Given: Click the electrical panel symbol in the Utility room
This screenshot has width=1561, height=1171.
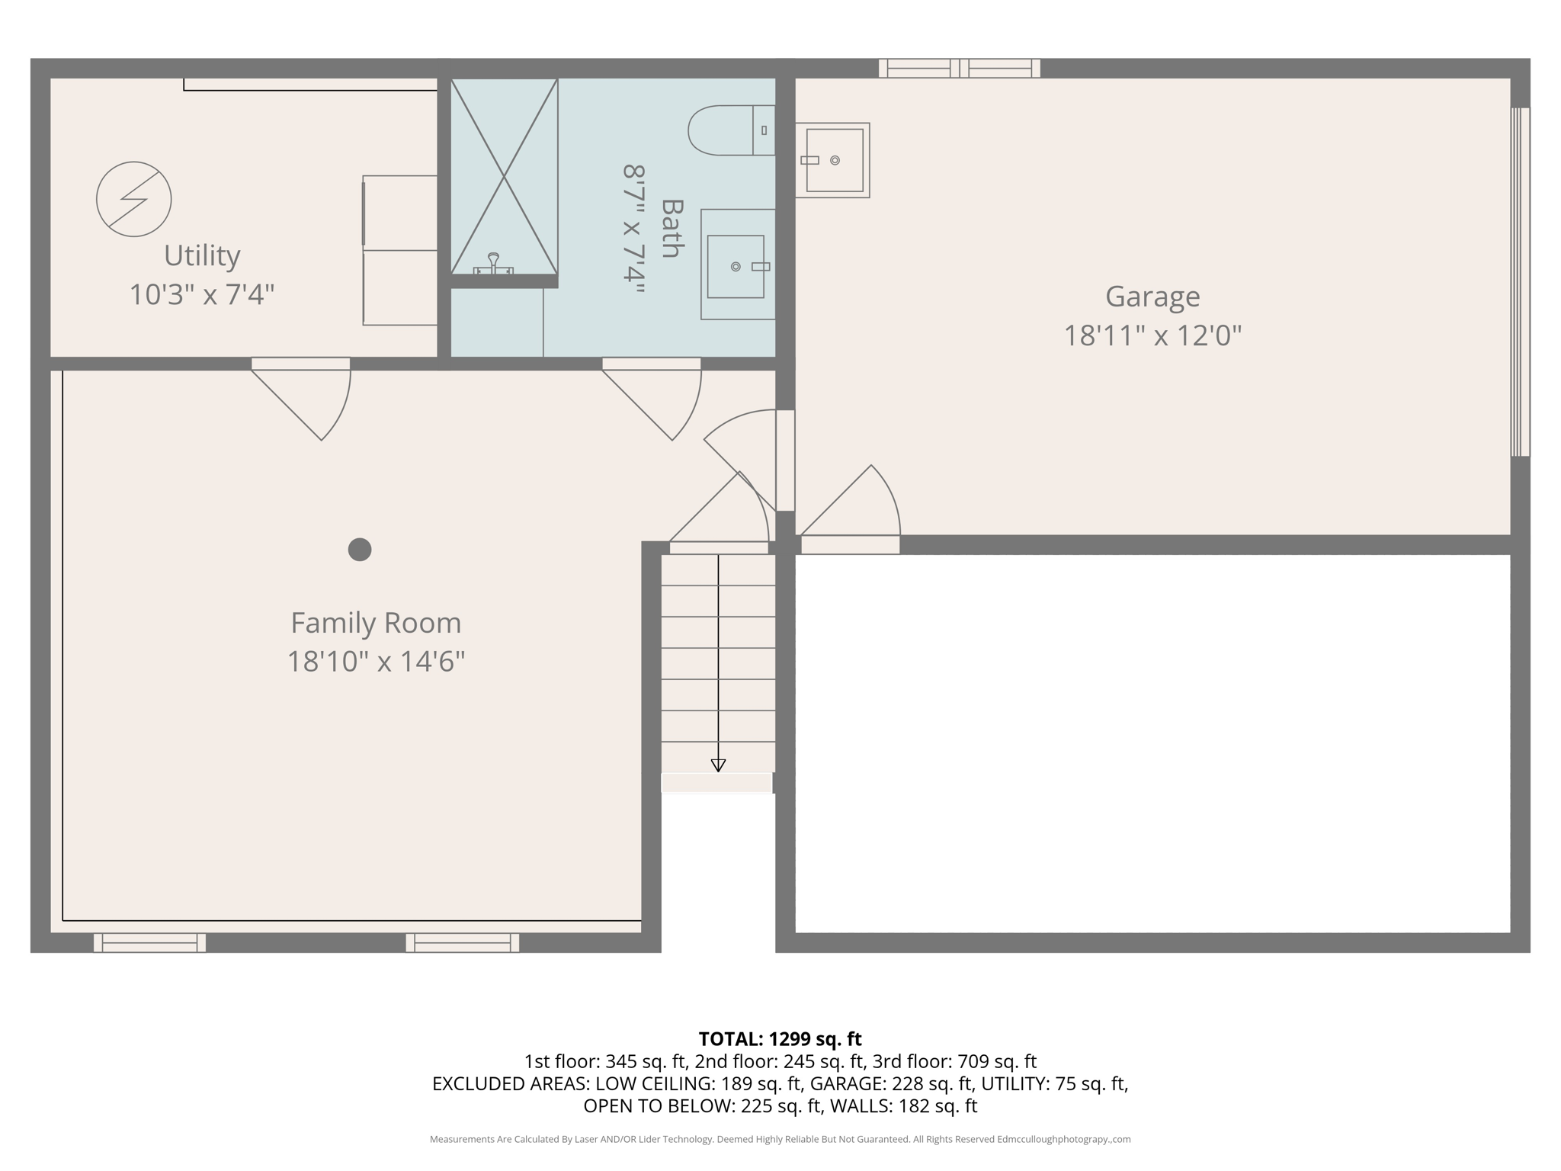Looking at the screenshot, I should pyautogui.click(x=133, y=199).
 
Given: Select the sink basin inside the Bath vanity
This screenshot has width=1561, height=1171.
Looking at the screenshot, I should pyautogui.click(x=735, y=266).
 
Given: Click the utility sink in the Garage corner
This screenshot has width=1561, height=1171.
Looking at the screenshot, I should pyautogui.click(x=832, y=160).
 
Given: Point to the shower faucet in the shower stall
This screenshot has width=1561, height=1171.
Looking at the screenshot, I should pyautogui.click(x=493, y=264).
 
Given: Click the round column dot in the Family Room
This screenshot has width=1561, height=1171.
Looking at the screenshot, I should pyautogui.click(x=360, y=549).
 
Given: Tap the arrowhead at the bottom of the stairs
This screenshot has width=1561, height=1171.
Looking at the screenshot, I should pyautogui.click(x=718, y=765).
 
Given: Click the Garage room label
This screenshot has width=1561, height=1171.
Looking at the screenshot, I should pyautogui.click(x=1152, y=296).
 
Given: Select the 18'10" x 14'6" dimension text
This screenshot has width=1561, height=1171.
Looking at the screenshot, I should pyautogui.click(x=376, y=661).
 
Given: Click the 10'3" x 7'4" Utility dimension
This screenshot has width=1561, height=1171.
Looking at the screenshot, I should pyautogui.click(x=201, y=294).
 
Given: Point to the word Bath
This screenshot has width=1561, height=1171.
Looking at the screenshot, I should pyautogui.click(x=671, y=228).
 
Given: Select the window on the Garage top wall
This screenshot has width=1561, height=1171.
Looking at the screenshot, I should pyautogui.click(x=959, y=69).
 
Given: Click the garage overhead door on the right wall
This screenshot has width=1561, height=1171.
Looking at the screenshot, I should pyautogui.click(x=1520, y=281).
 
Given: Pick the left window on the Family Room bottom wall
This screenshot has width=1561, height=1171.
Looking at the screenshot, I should pyautogui.click(x=149, y=942).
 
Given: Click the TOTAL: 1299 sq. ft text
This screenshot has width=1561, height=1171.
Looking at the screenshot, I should pyautogui.click(x=780, y=1038).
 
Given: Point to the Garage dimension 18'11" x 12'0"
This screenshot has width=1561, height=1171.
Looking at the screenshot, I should pyautogui.click(x=1152, y=335).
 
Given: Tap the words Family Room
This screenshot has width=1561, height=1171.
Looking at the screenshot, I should pyautogui.click(x=376, y=623).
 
